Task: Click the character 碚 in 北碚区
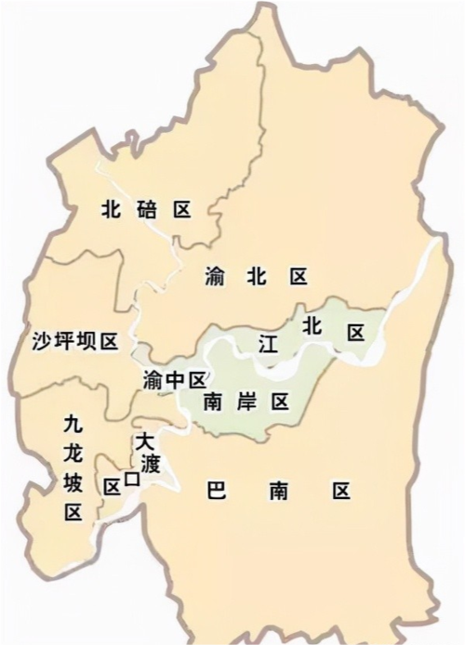146,210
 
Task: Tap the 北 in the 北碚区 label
112,210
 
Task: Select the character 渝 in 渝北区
213,276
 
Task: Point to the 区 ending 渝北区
298,276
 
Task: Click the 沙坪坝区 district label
70,342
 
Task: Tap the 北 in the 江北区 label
311,326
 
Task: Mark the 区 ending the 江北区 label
354,333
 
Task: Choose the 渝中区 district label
174,379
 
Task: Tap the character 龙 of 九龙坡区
73,454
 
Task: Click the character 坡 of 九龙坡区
73,483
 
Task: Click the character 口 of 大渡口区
132,480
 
